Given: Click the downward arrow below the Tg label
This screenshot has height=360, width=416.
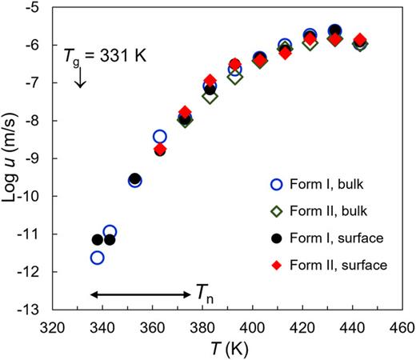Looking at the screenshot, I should pos(80,78).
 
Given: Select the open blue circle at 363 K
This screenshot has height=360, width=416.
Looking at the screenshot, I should pos(160,137).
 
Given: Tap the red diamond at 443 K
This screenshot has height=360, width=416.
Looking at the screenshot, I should pos(361,40).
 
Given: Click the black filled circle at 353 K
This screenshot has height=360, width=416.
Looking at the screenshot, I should pos(135,179).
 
